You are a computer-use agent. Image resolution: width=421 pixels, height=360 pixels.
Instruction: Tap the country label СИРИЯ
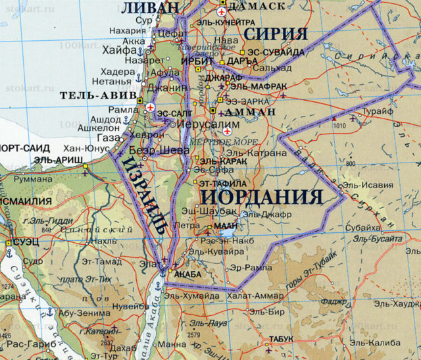[x=276, y=34]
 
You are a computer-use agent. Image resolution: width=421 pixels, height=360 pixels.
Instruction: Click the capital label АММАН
[x=253, y=113]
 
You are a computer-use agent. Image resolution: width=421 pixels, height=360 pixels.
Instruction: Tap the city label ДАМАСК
[x=258, y=5]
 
